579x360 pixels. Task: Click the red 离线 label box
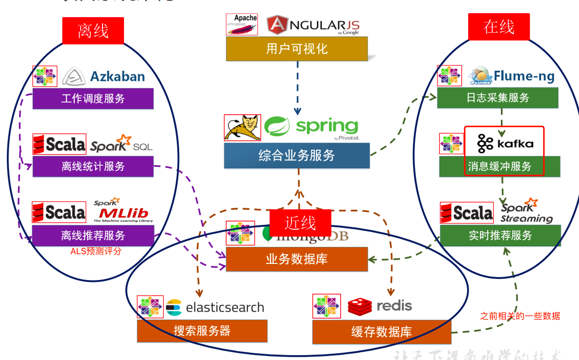coord(93,31)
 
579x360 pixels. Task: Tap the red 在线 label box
coord(498,27)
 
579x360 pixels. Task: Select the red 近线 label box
coord(300,223)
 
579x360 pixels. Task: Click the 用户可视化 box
coord(296,49)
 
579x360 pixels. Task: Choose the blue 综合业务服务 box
coord(296,156)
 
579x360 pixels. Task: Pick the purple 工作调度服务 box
coord(93,99)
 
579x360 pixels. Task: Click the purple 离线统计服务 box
coord(93,166)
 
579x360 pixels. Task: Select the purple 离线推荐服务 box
coord(93,236)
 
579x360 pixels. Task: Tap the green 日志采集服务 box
coord(497,98)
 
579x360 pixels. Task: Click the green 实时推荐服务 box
coord(500,236)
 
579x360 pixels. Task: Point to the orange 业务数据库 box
coord(296,259)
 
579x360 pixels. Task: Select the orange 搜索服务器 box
coord(202,331)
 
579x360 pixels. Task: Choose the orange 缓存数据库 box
coord(381,332)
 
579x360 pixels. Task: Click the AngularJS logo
coord(312,25)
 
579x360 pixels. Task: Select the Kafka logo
coord(504,143)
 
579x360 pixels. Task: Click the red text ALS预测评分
coord(96,252)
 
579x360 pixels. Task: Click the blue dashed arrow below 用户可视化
coord(297,88)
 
